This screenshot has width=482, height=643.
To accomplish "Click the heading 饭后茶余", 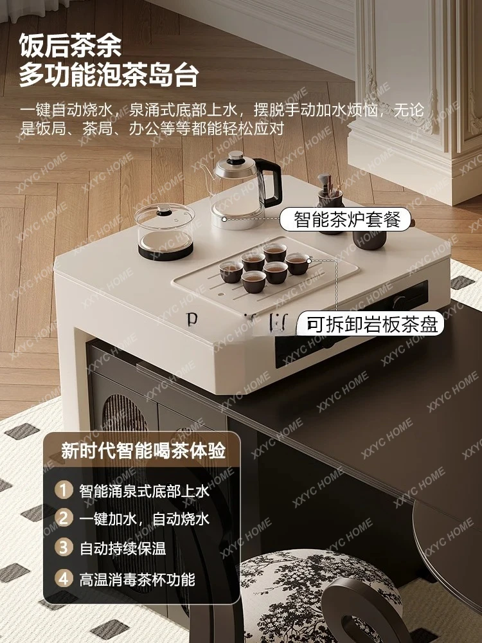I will [70, 46].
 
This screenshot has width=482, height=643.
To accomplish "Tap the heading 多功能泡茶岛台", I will [109, 75].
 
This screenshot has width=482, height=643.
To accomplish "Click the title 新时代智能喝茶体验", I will [143, 451].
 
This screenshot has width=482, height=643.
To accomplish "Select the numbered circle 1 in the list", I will [64, 491].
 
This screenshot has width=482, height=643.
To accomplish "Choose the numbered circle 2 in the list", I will [64, 518].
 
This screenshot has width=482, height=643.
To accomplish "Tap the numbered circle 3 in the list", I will [64, 548].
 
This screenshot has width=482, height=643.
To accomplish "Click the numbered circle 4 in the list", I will [64, 577].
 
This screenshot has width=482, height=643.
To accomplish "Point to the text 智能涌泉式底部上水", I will [145, 491].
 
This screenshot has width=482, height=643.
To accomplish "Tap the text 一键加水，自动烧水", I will [145, 519].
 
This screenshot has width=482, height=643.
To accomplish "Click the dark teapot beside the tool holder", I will [370, 238].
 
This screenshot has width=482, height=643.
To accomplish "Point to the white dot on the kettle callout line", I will [224, 219].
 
